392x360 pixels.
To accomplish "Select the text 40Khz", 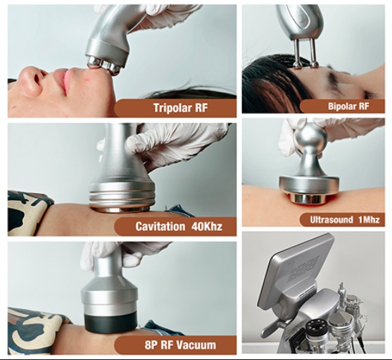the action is (207, 226).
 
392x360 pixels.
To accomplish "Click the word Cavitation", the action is (160, 226).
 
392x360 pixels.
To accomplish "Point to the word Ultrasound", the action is (331, 220).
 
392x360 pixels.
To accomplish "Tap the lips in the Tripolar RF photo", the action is (65, 81).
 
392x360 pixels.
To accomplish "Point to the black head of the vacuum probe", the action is (110, 322).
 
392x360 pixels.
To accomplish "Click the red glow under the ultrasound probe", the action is (309, 203).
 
